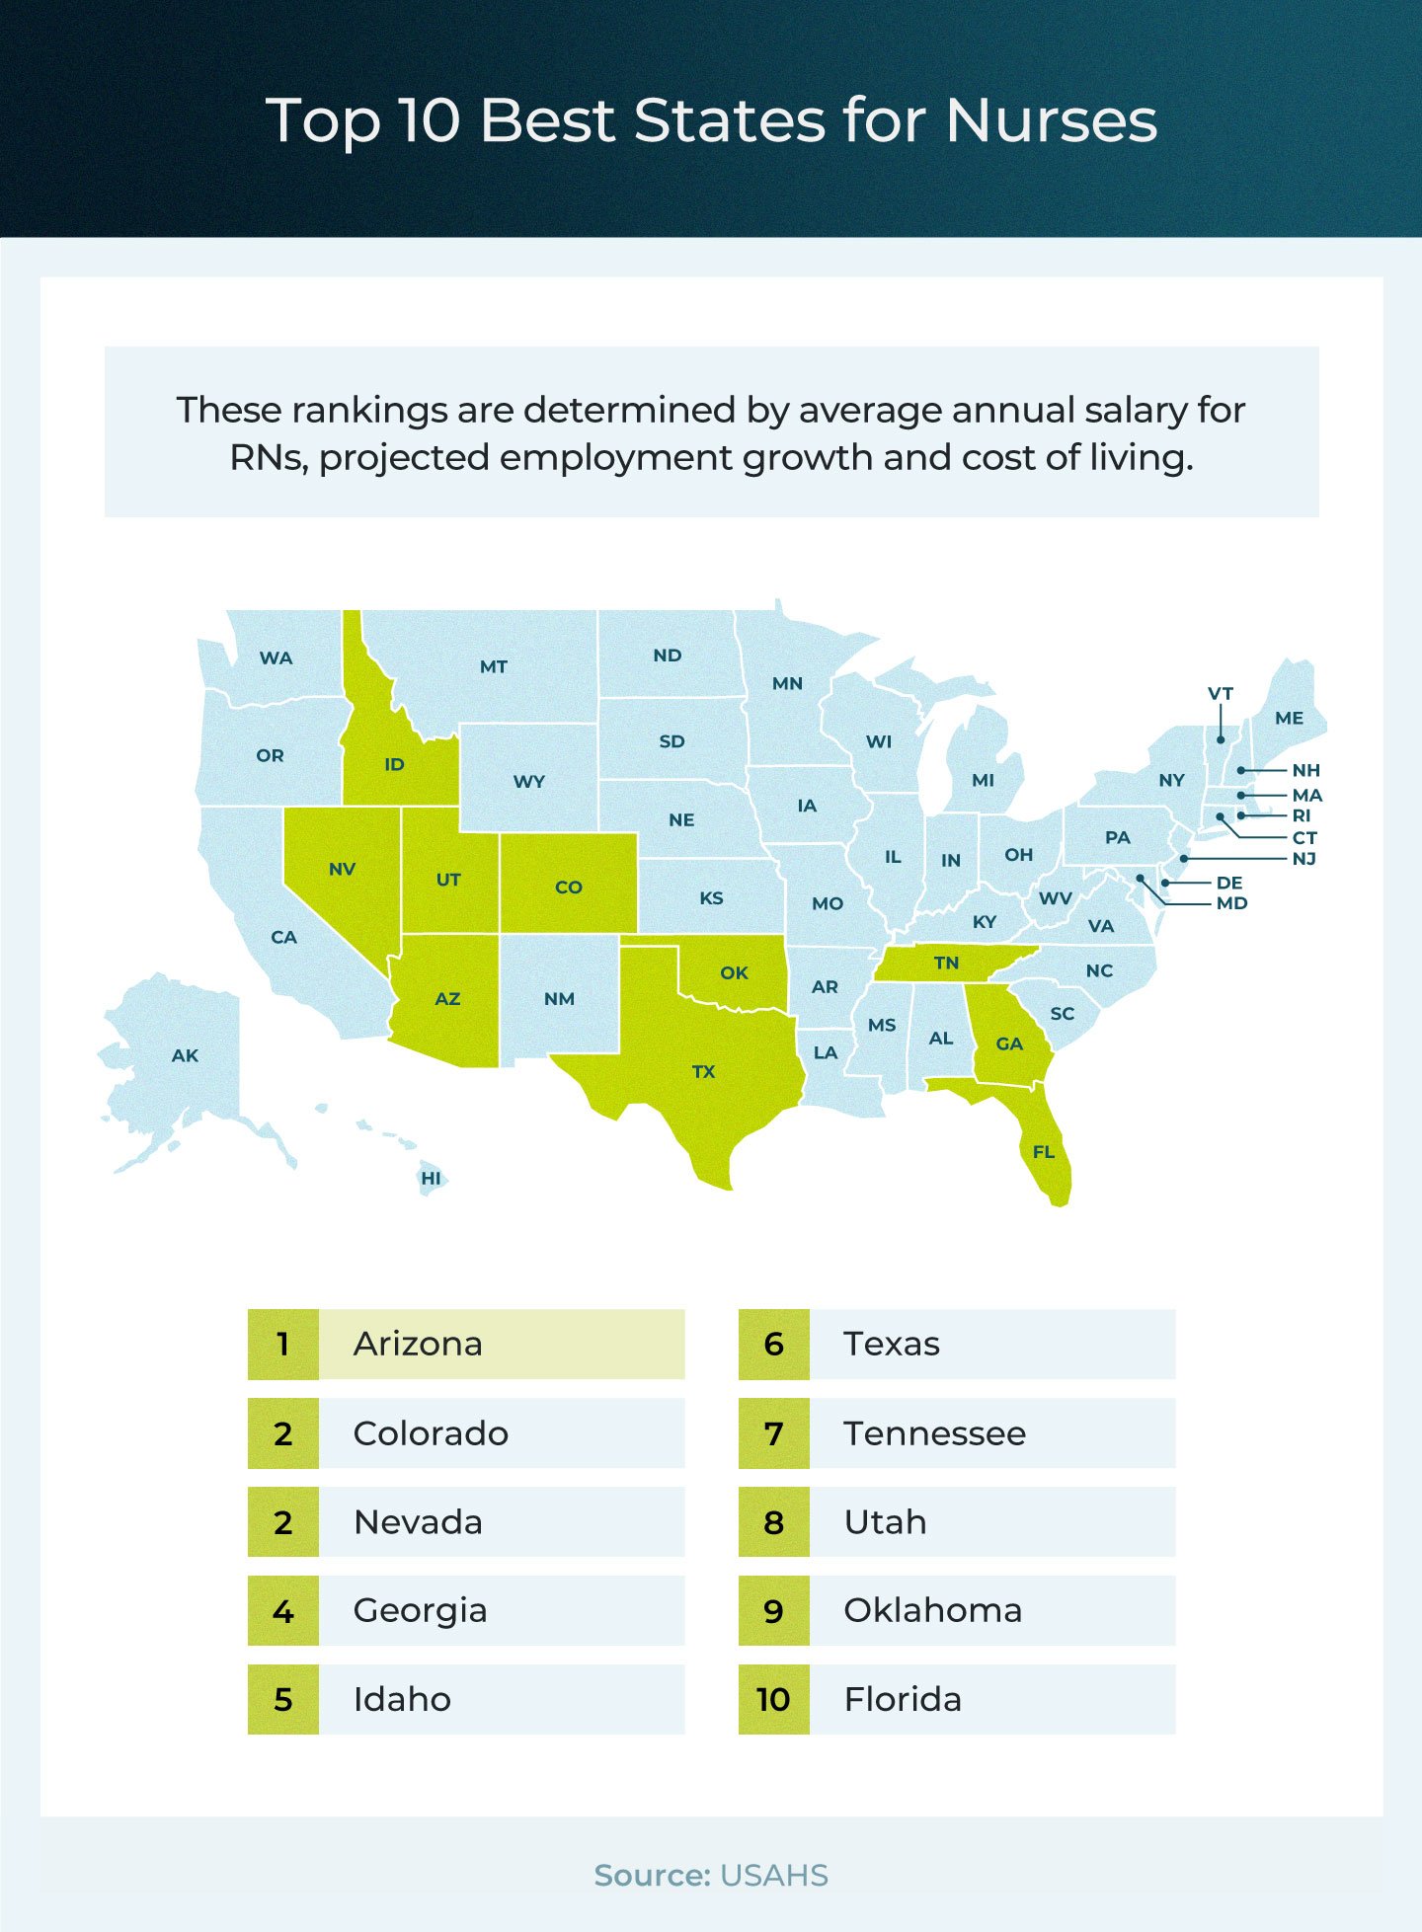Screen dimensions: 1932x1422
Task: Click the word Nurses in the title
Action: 1051,120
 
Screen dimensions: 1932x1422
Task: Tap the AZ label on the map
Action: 447,999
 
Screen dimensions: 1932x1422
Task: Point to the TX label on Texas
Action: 703,1071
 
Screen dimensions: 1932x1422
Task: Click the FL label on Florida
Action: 1044,1152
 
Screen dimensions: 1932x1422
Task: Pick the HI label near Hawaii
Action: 431,1178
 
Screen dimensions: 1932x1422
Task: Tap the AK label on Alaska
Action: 185,1055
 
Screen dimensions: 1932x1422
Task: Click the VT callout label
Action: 1221,694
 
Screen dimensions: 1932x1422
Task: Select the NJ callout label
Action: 1304,859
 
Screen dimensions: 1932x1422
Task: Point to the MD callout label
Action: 1231,903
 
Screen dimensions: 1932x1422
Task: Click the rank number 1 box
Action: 283,1344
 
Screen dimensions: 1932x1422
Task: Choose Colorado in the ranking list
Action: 431,1433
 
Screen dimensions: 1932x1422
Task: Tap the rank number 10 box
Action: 773,1699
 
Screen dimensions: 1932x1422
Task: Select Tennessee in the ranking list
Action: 934,1433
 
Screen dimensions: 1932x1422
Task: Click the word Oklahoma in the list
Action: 932,1610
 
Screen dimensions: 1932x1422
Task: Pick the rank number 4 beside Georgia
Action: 283,1611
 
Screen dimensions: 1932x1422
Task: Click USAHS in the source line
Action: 774,1876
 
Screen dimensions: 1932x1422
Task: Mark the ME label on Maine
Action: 1289,718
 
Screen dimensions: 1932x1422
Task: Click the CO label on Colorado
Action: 569,887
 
